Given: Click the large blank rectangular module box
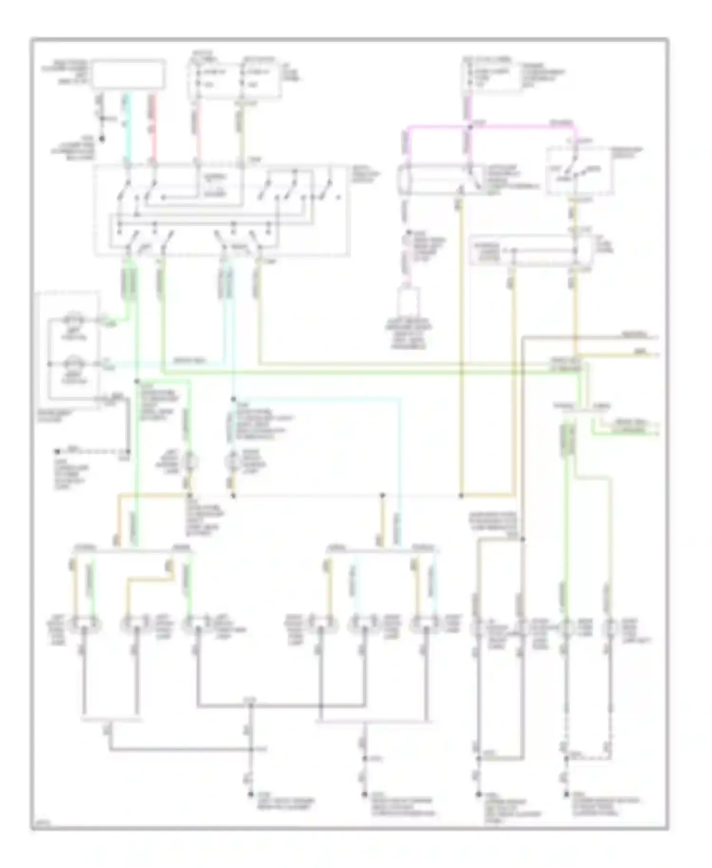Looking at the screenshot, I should pos(129,74).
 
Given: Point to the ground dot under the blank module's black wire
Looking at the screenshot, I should pos(101,140).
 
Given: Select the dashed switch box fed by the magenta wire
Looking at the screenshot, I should pos(578,171).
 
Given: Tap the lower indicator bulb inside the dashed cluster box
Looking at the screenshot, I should pos(74,365).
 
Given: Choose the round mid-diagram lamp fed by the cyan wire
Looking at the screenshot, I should pos(233,461).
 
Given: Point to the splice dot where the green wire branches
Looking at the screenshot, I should pos(136,381).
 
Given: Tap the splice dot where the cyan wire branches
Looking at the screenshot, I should pos(233,399).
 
